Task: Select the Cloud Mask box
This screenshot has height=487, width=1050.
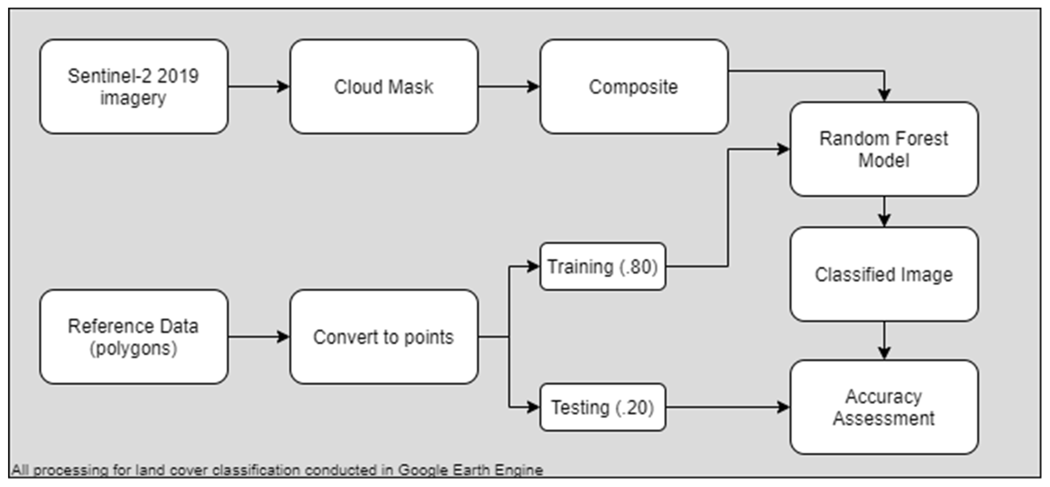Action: click(384, 86)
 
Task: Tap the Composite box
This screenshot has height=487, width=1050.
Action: click(634, 86)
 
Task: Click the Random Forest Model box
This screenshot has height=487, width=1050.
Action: click(884, 149)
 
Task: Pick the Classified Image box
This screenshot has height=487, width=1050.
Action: click(884, 274)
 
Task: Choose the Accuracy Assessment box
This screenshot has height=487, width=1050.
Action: click(884, 407)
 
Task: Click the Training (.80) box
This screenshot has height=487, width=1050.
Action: click(603, 267)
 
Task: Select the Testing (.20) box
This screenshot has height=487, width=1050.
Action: click(603, 407)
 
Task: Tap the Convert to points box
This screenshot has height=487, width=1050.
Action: click(384, 337)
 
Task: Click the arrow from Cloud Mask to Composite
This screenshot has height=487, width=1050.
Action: click(509, 86)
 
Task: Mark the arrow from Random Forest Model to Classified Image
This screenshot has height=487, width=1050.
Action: click(884, 212)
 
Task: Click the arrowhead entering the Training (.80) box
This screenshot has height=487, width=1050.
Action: click(532, 267)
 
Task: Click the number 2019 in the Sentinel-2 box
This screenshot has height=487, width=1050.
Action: click(178, 76)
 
